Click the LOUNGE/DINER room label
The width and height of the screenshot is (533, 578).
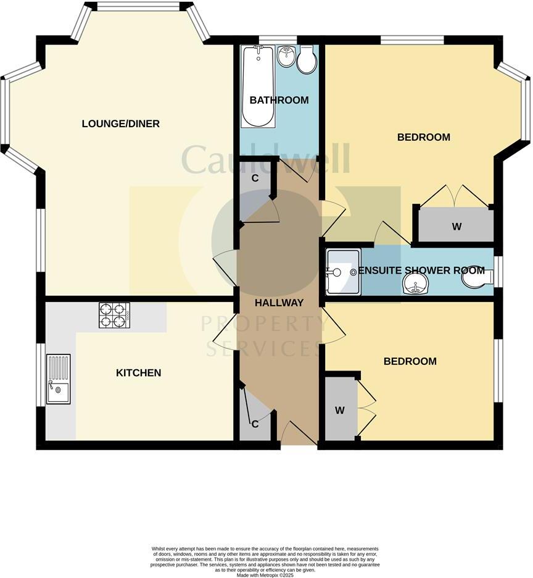click(120, 124)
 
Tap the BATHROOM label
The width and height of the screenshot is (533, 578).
click(279, 100)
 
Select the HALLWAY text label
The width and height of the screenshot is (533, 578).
click(279, 303)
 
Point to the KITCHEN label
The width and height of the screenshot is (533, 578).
click(139, 373)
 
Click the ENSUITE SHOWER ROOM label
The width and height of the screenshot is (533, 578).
click(421, 270)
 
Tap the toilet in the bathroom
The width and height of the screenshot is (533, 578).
click(307, 61)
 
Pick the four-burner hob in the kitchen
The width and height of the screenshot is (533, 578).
click(115, 315)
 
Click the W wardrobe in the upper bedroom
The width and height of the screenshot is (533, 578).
click(456, 226)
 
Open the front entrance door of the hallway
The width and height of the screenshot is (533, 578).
click(298, 434)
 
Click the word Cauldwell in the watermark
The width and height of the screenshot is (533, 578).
click(266, 159)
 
